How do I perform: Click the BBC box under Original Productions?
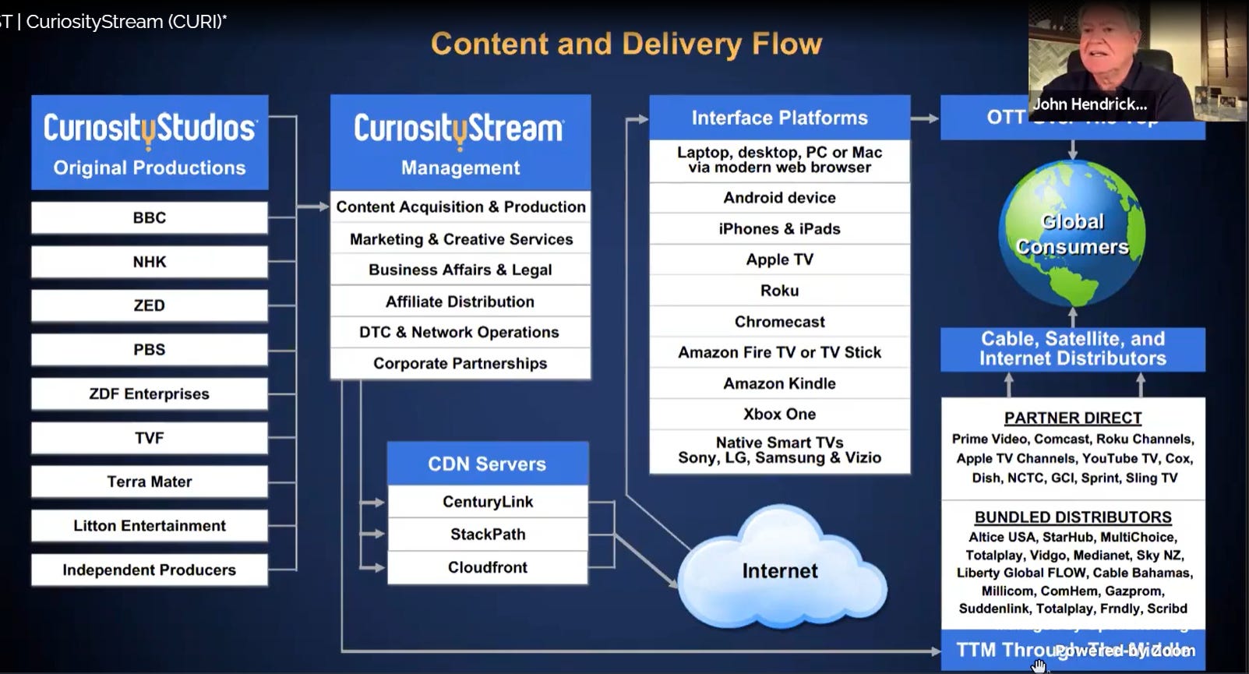point(149,218)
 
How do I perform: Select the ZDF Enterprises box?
point(149,394)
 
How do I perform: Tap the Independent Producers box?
point(149,570)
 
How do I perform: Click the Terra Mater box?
point(149,482)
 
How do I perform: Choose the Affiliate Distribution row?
point(460,302)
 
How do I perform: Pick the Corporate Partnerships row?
point(460,364)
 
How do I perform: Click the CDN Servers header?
point(487,464)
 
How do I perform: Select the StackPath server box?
point(487,535)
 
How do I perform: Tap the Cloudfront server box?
point(487,568)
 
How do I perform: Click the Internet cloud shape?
point(779,571)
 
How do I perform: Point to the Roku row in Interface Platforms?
point(779,291)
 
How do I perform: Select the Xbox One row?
point(779,415)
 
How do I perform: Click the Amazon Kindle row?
point(779,383)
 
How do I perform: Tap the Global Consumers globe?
point(1072,234)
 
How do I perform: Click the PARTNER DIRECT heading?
point(1072,418)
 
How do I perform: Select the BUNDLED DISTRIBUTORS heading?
point(1072,517)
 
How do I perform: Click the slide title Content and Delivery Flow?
point(626,44)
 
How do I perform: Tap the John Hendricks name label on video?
point(1089,104)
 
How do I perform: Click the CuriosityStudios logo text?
point(149,129)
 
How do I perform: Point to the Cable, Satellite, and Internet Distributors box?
point(1072,349)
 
